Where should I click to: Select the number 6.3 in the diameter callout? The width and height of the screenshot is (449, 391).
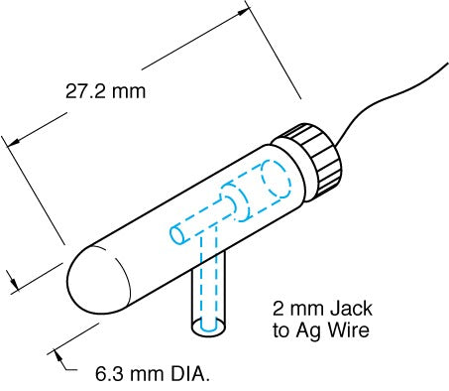coord(108,375)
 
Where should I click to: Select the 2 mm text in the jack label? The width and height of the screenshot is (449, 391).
coord(290,309)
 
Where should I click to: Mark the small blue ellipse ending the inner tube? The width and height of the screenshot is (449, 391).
coord(176,235)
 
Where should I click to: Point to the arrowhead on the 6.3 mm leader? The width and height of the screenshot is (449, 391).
coord(56,350)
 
